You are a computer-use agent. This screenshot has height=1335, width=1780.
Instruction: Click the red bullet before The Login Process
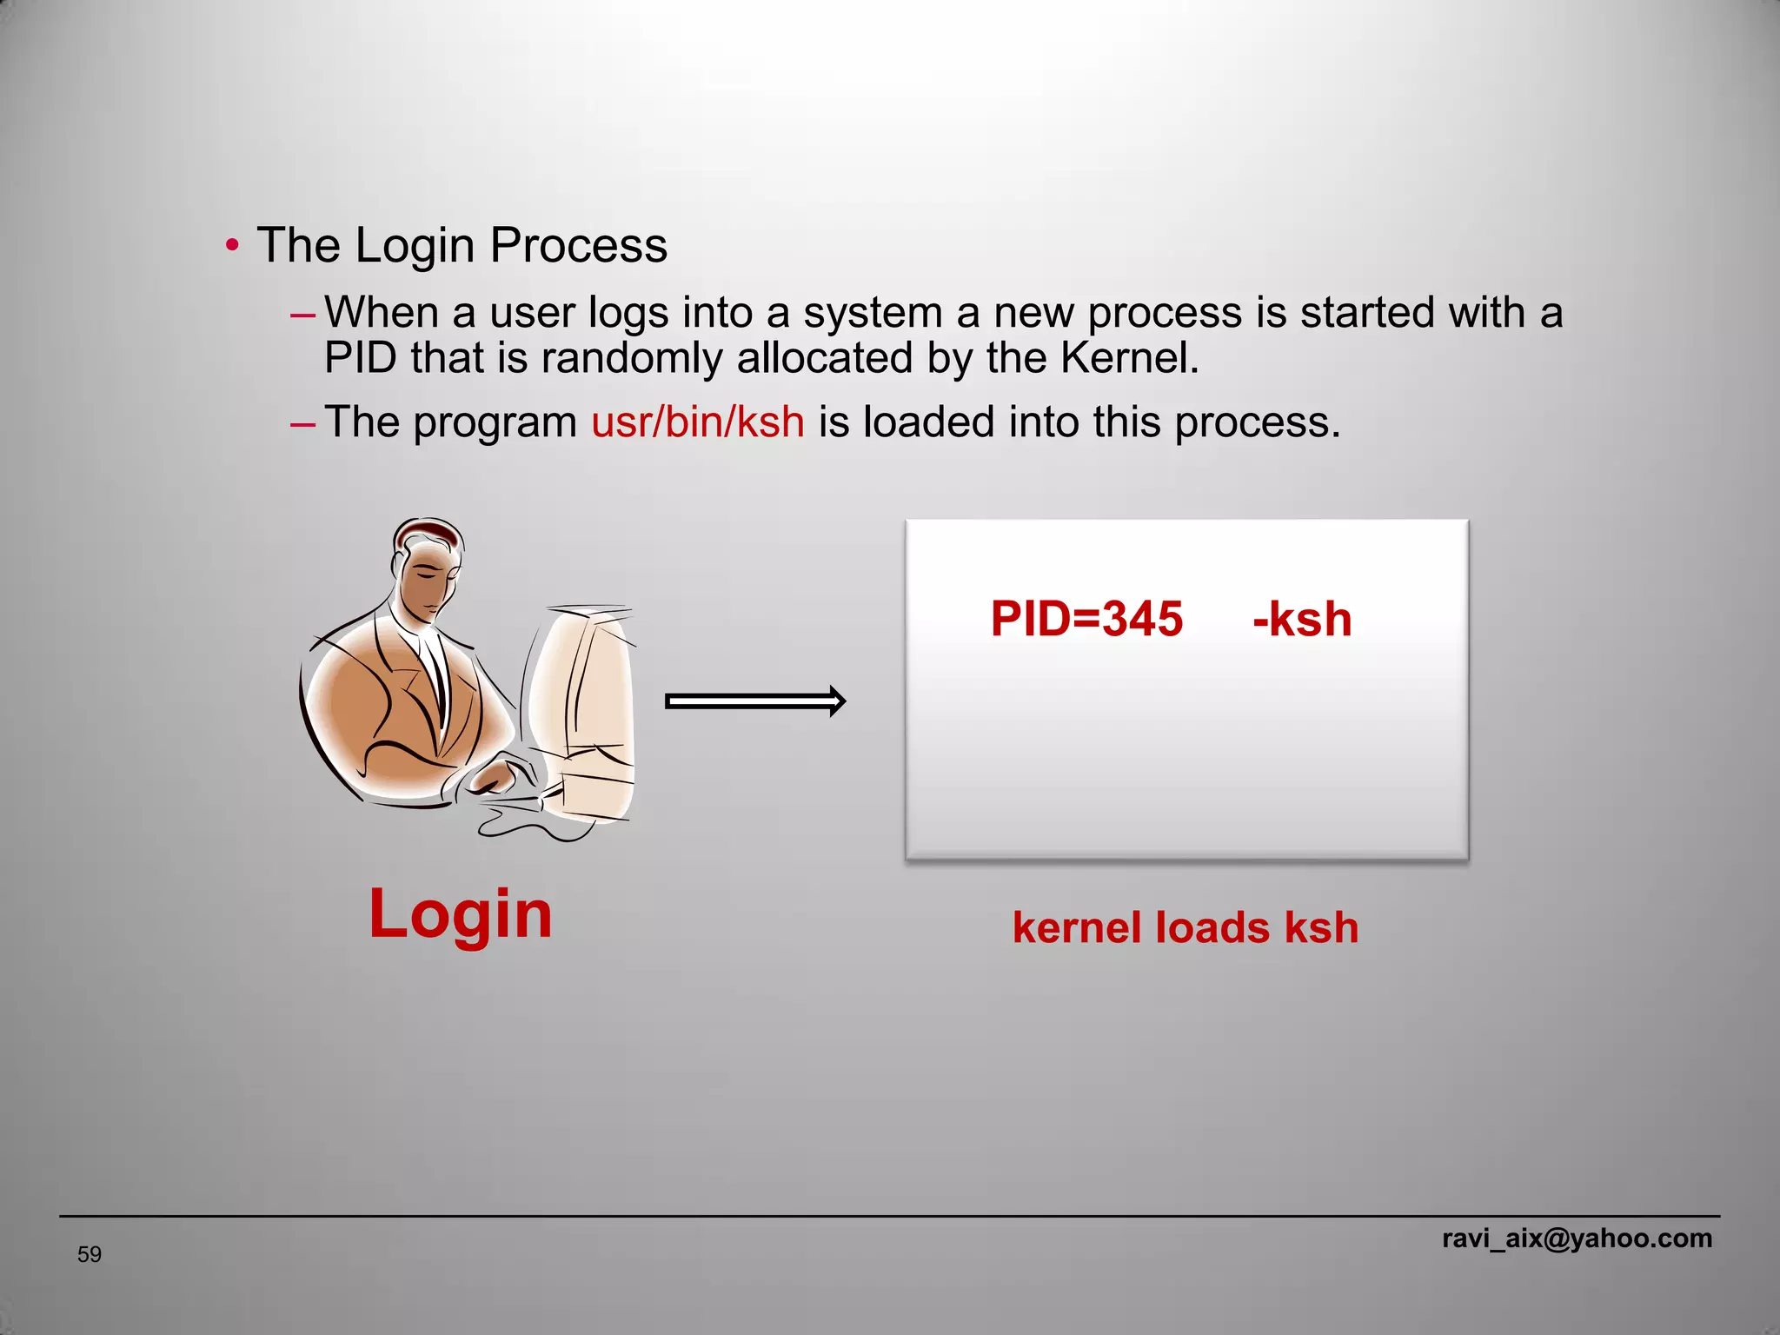(231, 246)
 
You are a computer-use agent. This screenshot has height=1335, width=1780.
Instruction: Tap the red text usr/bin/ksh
(697, 422)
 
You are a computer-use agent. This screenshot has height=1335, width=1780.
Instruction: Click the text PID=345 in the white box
(1086, 620)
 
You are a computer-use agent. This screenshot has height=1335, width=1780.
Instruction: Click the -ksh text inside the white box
(1301, 620)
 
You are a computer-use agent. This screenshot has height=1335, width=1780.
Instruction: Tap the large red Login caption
(460, 914)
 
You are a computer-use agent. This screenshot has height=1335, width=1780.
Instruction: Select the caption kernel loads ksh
(1185, 927)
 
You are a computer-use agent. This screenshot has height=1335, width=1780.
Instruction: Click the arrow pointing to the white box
(754, 701)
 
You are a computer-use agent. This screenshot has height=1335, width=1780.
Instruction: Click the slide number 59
(90, 1254)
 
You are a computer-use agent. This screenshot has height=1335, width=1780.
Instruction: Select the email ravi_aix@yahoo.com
(1577, 1238)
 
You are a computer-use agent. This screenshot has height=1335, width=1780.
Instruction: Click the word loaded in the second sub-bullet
(928, 422)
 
